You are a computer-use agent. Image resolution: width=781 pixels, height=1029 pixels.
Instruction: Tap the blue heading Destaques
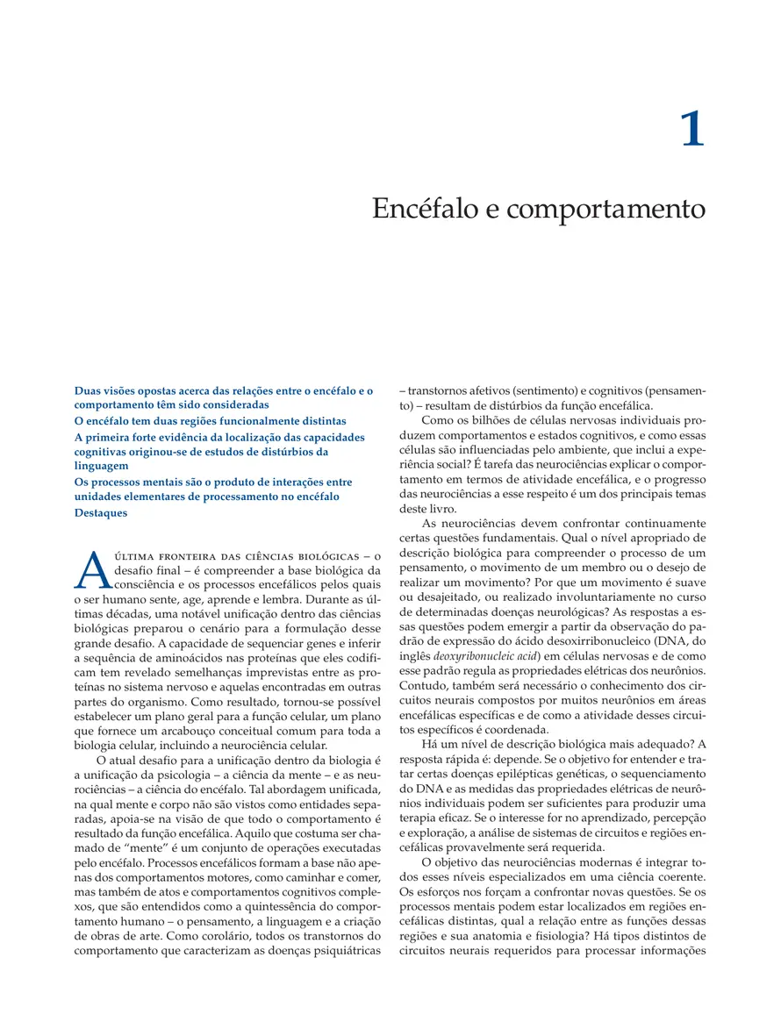(100, 512)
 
